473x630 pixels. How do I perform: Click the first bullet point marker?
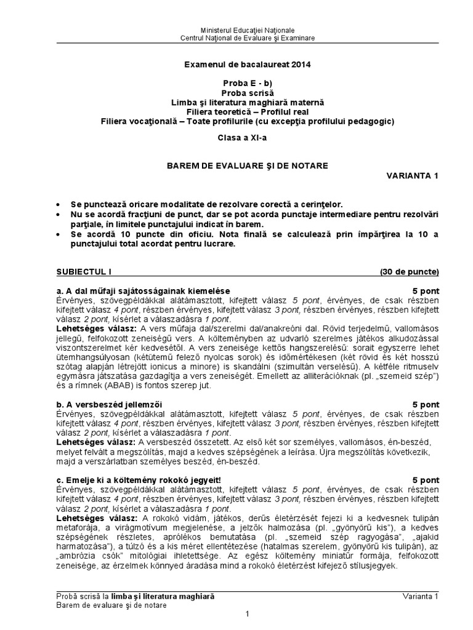(x=59, y=204)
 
